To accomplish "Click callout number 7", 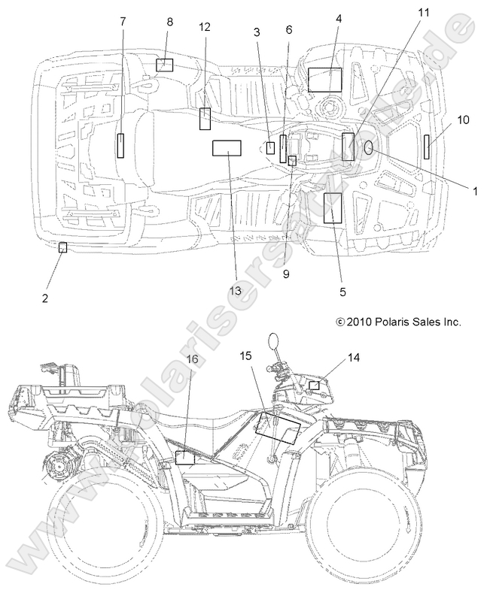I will tap(123, 22).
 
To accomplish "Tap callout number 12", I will tap(205, 27).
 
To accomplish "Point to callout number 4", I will tap(339, 17).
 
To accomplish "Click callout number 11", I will tap(424, 12).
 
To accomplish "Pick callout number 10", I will tap(463, 120).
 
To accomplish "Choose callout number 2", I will tap(45, 298).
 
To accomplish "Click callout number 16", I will tap(193, 359).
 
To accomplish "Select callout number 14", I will tap(353, 358).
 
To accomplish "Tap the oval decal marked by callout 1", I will tap(370, 149).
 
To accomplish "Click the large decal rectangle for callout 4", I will tap(325, 79).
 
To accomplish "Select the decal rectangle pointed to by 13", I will tap(226, 148).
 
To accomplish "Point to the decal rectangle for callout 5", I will tap(333, 207).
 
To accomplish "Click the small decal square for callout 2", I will tap(62, 247).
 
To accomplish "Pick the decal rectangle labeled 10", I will tap(427, 147).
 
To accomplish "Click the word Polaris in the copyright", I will tap(385, 321).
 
